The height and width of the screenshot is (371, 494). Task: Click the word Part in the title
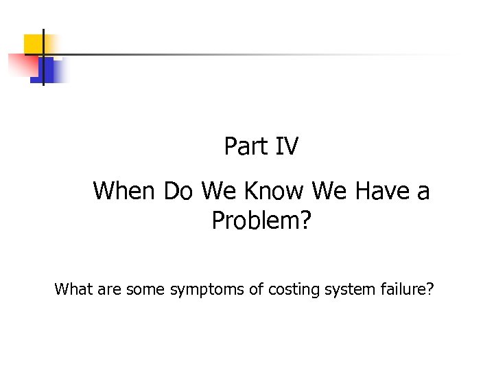241,146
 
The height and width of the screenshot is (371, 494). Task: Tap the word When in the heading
125,190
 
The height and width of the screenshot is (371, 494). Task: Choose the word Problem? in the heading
261,221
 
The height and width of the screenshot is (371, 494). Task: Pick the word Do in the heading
178,190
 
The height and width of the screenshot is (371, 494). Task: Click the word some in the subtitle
143,289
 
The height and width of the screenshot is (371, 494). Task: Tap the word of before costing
256,289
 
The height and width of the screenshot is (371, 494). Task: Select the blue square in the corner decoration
48,71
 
